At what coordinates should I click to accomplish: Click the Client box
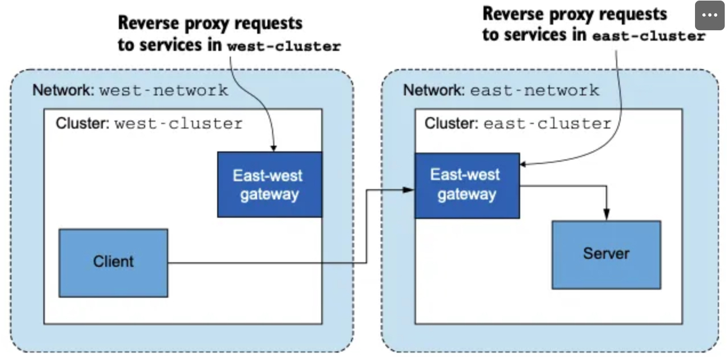tap(113, 263)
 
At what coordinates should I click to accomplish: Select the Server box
tap(606, 255)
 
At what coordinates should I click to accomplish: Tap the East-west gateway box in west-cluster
tap(270, 185)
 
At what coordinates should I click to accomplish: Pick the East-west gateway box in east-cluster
tap(468, 186)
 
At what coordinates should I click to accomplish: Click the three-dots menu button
tap(709, 15)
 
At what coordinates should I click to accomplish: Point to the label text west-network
tap(164, 90)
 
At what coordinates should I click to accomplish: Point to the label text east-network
tap(534, 90)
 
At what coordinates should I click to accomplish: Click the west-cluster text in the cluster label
tap(178, 124)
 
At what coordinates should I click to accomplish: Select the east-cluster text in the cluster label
tap(548, 124)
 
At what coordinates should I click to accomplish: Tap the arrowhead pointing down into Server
tap(606, 215)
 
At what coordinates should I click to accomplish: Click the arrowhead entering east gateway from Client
tap(409, 190)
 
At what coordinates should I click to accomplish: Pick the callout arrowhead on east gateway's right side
tap(523, 164)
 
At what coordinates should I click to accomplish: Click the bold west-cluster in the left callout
tap(284, 47)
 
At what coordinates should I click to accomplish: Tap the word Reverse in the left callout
tap(149, 23)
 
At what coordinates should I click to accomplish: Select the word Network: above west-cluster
tap(63, 90)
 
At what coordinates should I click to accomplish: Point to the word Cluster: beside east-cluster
tap(452, 123)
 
